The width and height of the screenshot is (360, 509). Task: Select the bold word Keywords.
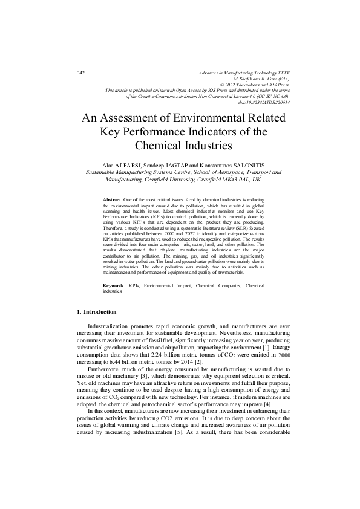[x=115, y=285]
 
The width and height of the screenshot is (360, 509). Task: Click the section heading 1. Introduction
[x=97, y=311]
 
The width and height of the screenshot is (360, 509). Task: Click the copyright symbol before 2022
[x=221, y=85]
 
